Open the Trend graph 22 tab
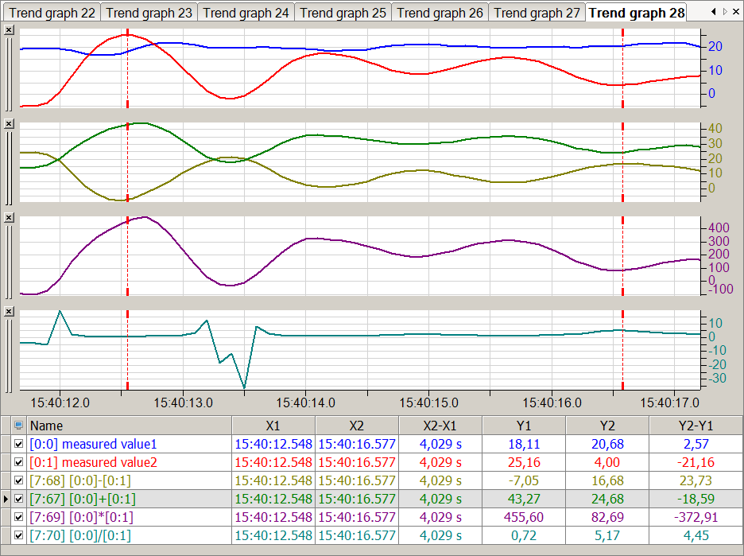[52, 13]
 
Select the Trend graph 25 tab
[343, 13]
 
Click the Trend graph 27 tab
[537, 13]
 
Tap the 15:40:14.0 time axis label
[306, 402]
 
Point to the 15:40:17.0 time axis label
[670, 402]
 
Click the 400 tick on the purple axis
[721, 227]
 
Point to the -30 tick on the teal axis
[719, 378]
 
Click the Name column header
[46, 426]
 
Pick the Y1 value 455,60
[523, 518]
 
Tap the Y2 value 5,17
[608, 536]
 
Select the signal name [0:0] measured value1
[94, 444]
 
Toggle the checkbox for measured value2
[19, 462]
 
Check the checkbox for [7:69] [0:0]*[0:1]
[19, 518]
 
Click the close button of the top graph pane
[8, 29]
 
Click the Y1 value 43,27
[523, 499]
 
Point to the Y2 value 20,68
[608, 444]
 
